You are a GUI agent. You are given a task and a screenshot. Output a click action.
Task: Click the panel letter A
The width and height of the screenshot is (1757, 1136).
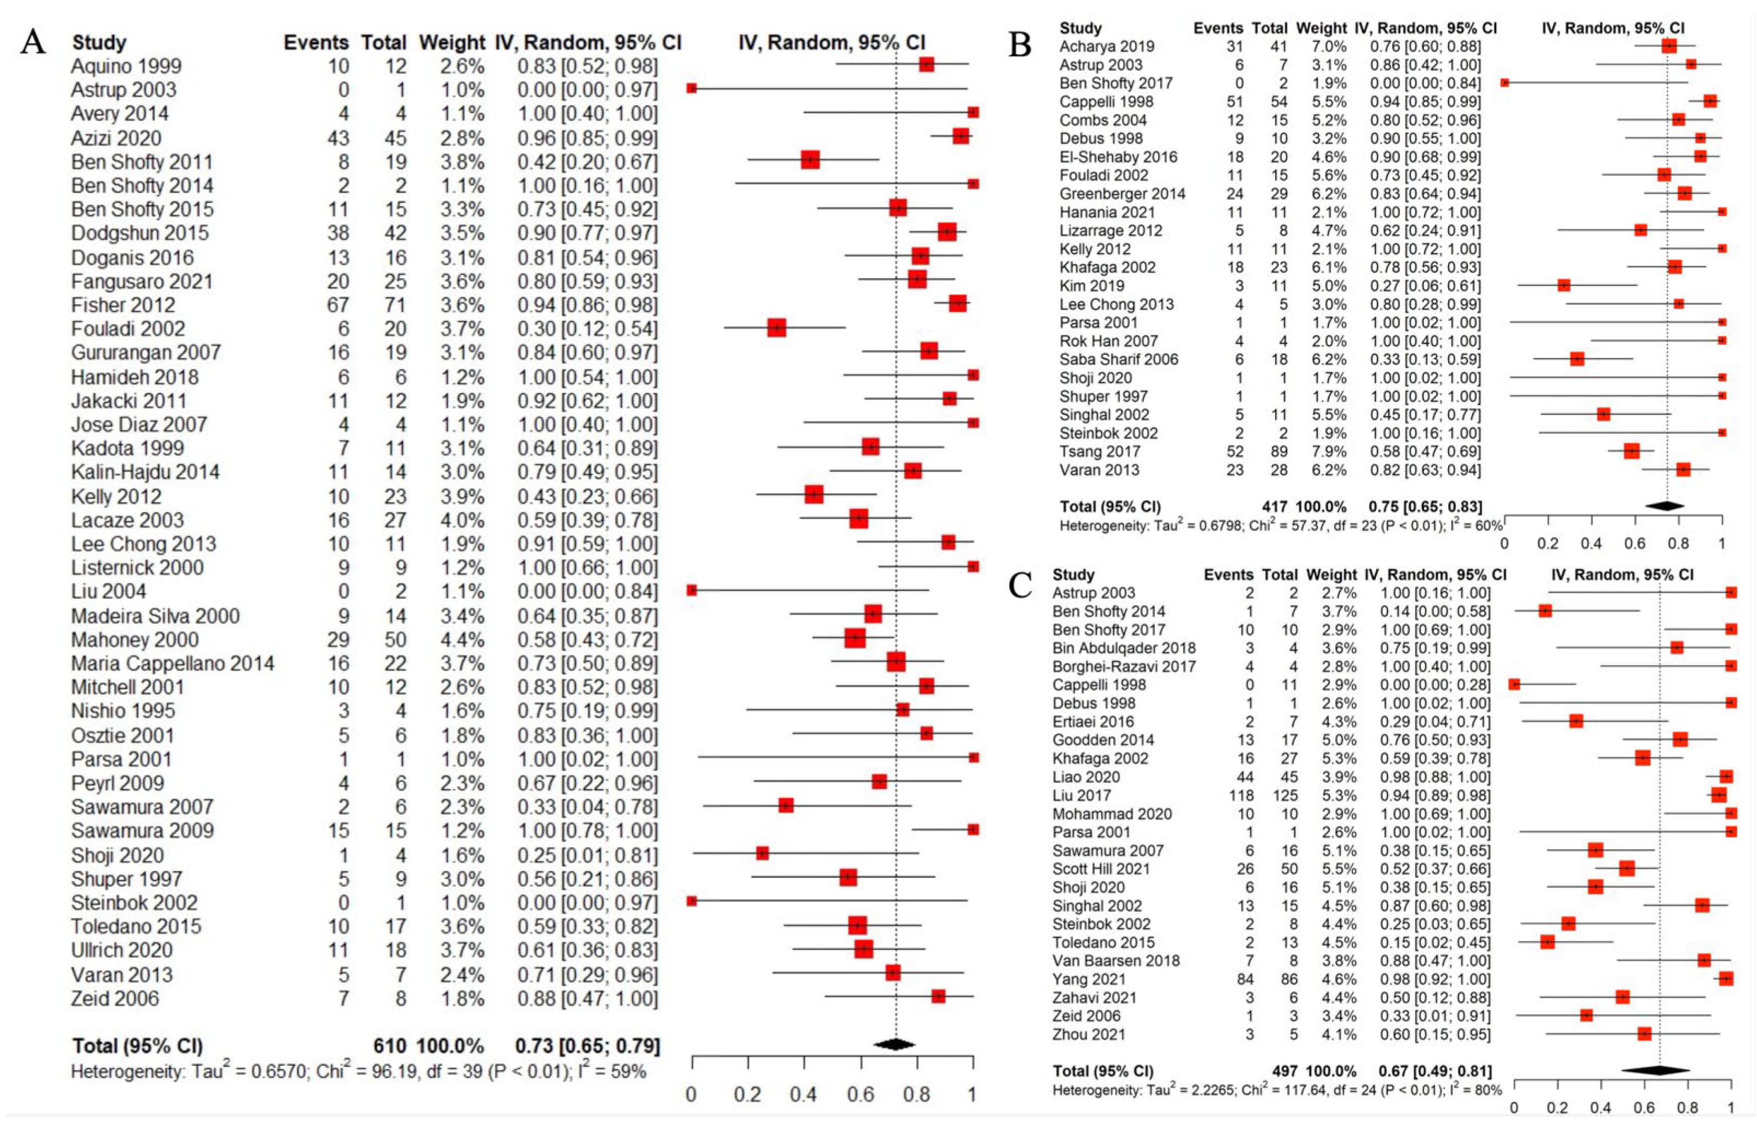(33, 42)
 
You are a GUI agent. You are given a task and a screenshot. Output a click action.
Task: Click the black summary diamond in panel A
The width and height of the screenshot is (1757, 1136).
(894, 1045)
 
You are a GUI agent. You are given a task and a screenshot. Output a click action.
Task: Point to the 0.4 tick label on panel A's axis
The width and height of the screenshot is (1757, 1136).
(803, 1094)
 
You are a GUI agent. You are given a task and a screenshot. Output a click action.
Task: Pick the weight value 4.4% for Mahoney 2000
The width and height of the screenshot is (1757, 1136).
(462, 640)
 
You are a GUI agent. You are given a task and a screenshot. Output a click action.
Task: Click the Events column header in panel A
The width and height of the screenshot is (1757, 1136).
(316, 43)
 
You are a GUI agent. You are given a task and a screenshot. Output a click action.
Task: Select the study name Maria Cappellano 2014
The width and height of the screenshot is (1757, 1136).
(172, 663)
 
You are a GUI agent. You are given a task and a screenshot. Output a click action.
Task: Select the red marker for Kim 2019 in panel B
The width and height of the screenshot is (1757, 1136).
(1563, 285)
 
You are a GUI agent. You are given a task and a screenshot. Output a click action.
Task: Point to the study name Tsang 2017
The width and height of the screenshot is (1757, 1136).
(1099, 452)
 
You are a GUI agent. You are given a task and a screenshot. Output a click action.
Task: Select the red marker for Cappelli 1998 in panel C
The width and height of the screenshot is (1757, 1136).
(1514, 684)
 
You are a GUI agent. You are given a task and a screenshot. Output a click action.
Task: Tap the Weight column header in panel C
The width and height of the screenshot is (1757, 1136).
(1331, 575)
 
